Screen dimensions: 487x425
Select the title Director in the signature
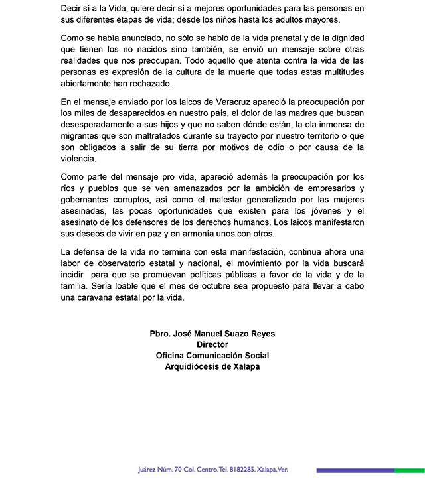(x=212, y=345)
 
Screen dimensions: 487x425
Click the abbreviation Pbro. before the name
(x=163, y=334)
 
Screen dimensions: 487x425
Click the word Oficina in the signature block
(x=173, y=356)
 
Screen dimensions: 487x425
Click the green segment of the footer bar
(x=410, y=470)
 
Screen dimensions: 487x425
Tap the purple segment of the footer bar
(x=355, y=470)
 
